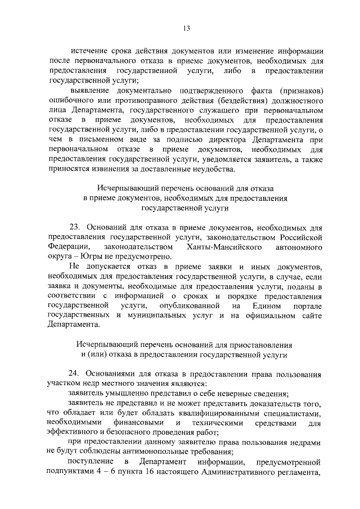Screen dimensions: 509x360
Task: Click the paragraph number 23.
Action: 76,227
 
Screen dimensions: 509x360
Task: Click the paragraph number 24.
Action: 76,374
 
